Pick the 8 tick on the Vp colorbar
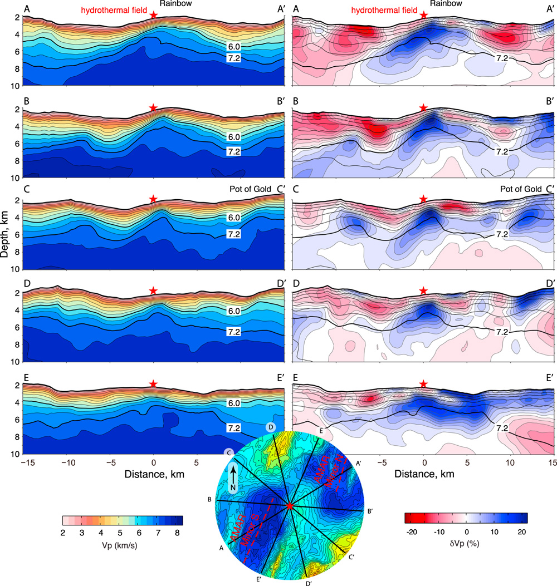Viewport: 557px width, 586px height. pos(178,534)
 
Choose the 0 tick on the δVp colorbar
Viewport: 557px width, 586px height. pos(466,534)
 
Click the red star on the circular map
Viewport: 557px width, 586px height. pos(290,505)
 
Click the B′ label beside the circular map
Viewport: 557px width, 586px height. pos(370,511)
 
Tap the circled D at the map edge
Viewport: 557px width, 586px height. pos(270,427)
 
